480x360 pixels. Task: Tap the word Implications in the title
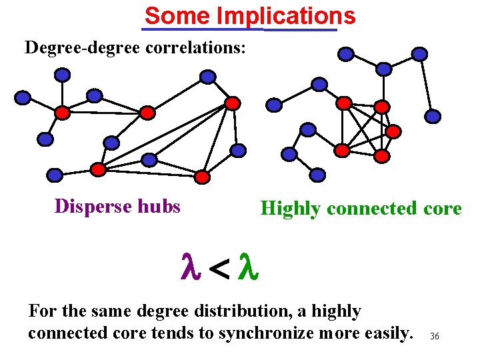click(x=284, y=15)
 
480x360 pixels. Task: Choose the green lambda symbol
click(x=249, y=267)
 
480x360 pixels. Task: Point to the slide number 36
click(x=435, y=336)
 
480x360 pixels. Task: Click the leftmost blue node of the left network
click(x=23, y=98)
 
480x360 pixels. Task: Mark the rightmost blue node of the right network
click(x=433, y=117)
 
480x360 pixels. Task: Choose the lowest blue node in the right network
click(x=318, y=175)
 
